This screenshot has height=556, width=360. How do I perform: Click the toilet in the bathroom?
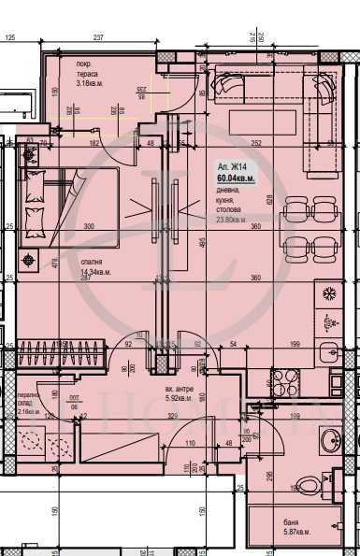click(305, 486)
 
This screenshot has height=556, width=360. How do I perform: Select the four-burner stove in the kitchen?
click(284, 381)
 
